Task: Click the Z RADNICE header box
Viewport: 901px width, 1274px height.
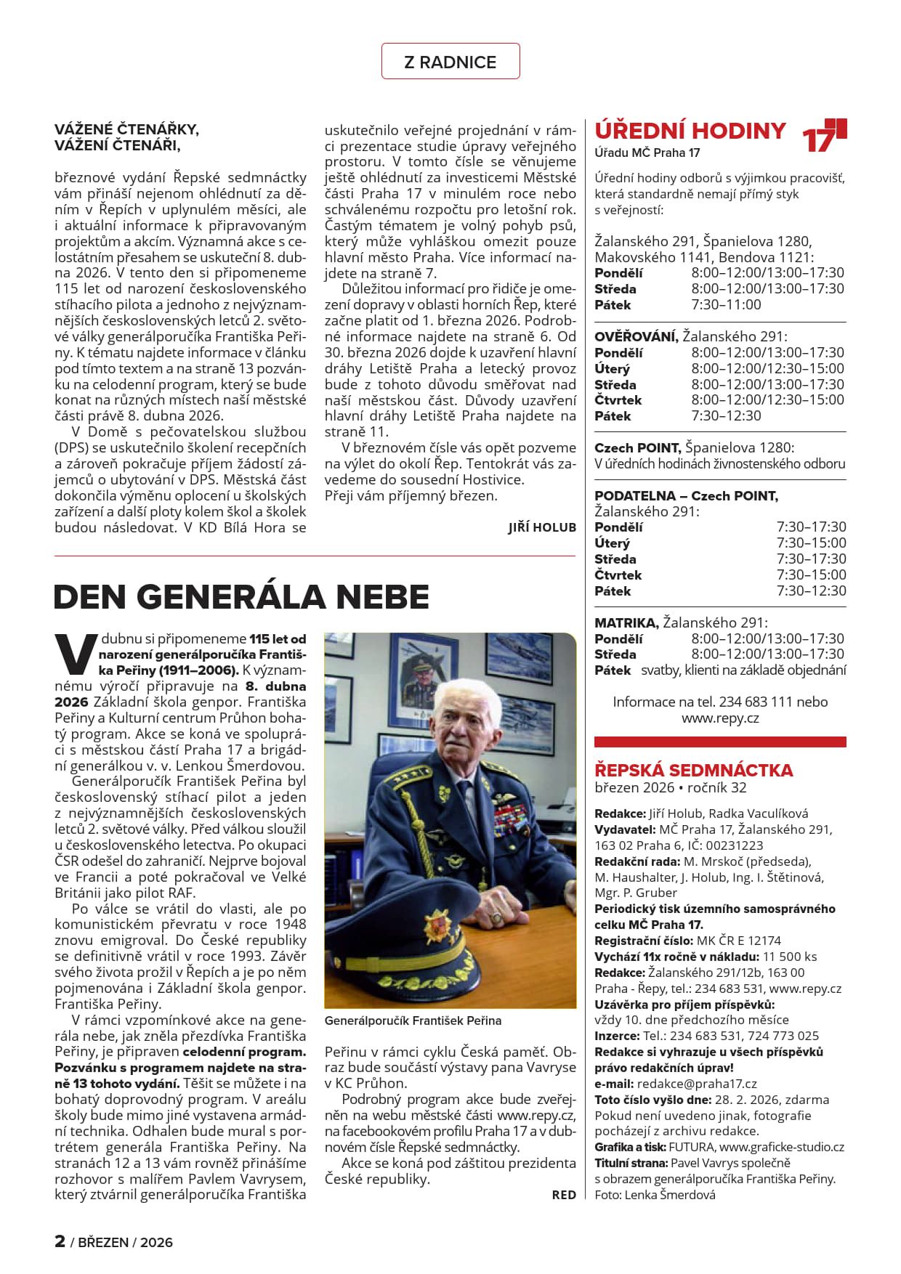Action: (x=450, y=62)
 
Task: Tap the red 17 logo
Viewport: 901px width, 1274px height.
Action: (x=824, y=136)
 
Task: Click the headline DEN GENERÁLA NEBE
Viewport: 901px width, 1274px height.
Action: (x=241, y=597)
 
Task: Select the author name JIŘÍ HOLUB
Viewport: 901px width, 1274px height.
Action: (x=542, y=528)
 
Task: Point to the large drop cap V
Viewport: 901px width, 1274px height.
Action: (x=76, y=653)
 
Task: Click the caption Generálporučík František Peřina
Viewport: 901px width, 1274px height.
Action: (x=413, y=1021)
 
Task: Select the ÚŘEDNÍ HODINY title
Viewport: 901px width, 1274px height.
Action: (x=690, y=131)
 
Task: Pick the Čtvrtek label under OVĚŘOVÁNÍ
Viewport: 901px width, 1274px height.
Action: (x=618, y=400)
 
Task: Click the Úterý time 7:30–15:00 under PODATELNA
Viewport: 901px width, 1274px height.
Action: (x=811, y=543)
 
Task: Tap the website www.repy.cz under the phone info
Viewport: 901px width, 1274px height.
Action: (x=720, y=718)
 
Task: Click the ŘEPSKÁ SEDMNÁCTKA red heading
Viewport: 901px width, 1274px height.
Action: (x=693, y=770)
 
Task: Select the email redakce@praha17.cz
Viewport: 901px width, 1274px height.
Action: (x=697, y=1084)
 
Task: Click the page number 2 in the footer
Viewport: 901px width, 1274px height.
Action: (x=60, y=1241)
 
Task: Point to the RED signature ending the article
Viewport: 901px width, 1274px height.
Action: (x=564, y=1195)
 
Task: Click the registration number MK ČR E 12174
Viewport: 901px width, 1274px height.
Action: (x=738, y=941)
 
